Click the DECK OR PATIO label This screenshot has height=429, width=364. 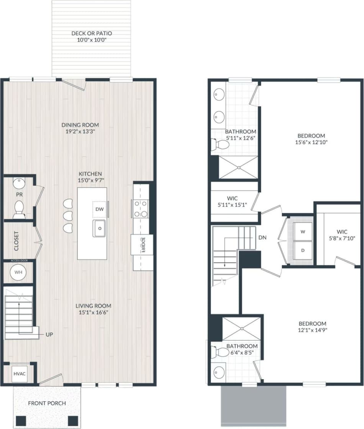92,33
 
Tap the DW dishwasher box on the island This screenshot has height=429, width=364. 100,209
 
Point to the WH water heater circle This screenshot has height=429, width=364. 18,272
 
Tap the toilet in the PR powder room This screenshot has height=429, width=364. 19,209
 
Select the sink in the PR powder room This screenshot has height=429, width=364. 19,184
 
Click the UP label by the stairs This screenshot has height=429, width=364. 49,334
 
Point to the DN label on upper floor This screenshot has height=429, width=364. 262,237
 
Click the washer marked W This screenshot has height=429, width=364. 303,232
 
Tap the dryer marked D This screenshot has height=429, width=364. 303,250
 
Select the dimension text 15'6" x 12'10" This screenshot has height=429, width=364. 312,142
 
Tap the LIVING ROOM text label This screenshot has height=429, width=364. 93,306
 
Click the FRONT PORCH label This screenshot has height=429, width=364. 47,403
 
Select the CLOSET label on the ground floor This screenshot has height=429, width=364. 16,241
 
